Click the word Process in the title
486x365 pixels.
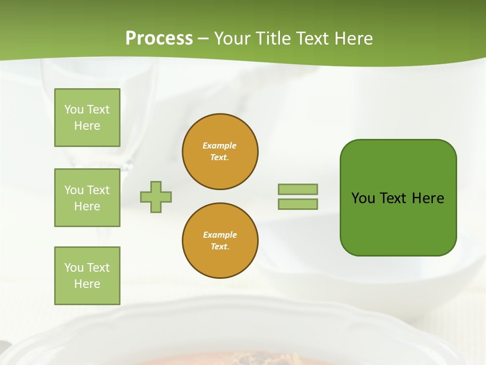point(159,39)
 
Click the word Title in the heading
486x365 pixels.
point(272,39)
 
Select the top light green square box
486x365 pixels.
point(87,118)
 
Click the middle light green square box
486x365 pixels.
point(87,198)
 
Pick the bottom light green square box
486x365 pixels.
point(87,276)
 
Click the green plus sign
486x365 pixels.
point(156,197)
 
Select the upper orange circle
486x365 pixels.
point(220,152)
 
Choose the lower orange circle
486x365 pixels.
point(220,241)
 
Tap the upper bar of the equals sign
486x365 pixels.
point(298,189)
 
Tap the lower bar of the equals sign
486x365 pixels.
point(298,204)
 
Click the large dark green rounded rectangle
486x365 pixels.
point(398,223)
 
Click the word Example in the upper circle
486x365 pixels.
point(219,145)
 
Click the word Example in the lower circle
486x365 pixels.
point(220,235)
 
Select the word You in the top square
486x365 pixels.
point(74,109)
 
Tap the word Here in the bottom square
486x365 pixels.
point(87,284)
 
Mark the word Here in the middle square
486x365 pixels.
point(87,206)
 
